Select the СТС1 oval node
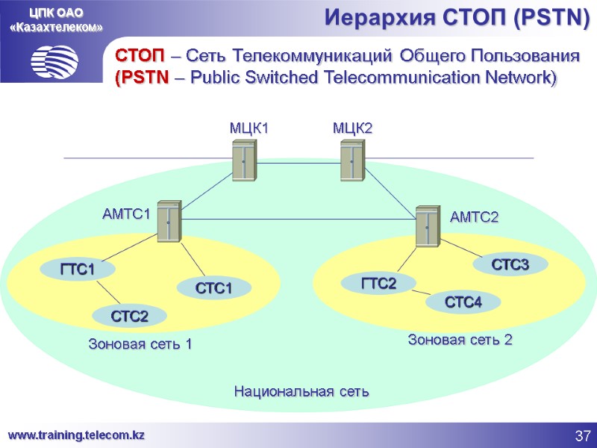pyautogui.click(x=213, y=287)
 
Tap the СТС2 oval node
pyautogui.click(x=129, y=317)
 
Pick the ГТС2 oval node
pyautogui.click(x=378, y=284)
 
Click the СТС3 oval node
pyautogui.click(x=510, y=264)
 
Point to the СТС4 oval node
pyautogui.click(x=463, y=302)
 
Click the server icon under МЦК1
pyautogui.click(x=244, y=161)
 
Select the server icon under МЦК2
pyautogui.click(x=352, y=161)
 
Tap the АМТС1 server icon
pyautogui.click(x=169, y=220)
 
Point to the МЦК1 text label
pyautogui.click(x=249, y=129)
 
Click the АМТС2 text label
pyautogui.click(x=475, y=217)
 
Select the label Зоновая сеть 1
pyautogui.click(x=140, y=344)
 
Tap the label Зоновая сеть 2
pyautogui.click(x=460, y=340)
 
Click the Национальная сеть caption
pyautogui.click(x=302, y=391)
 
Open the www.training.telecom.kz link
pyautogui.click(x=76, y=435)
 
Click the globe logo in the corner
pyautogui.click(x=54, y=59)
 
